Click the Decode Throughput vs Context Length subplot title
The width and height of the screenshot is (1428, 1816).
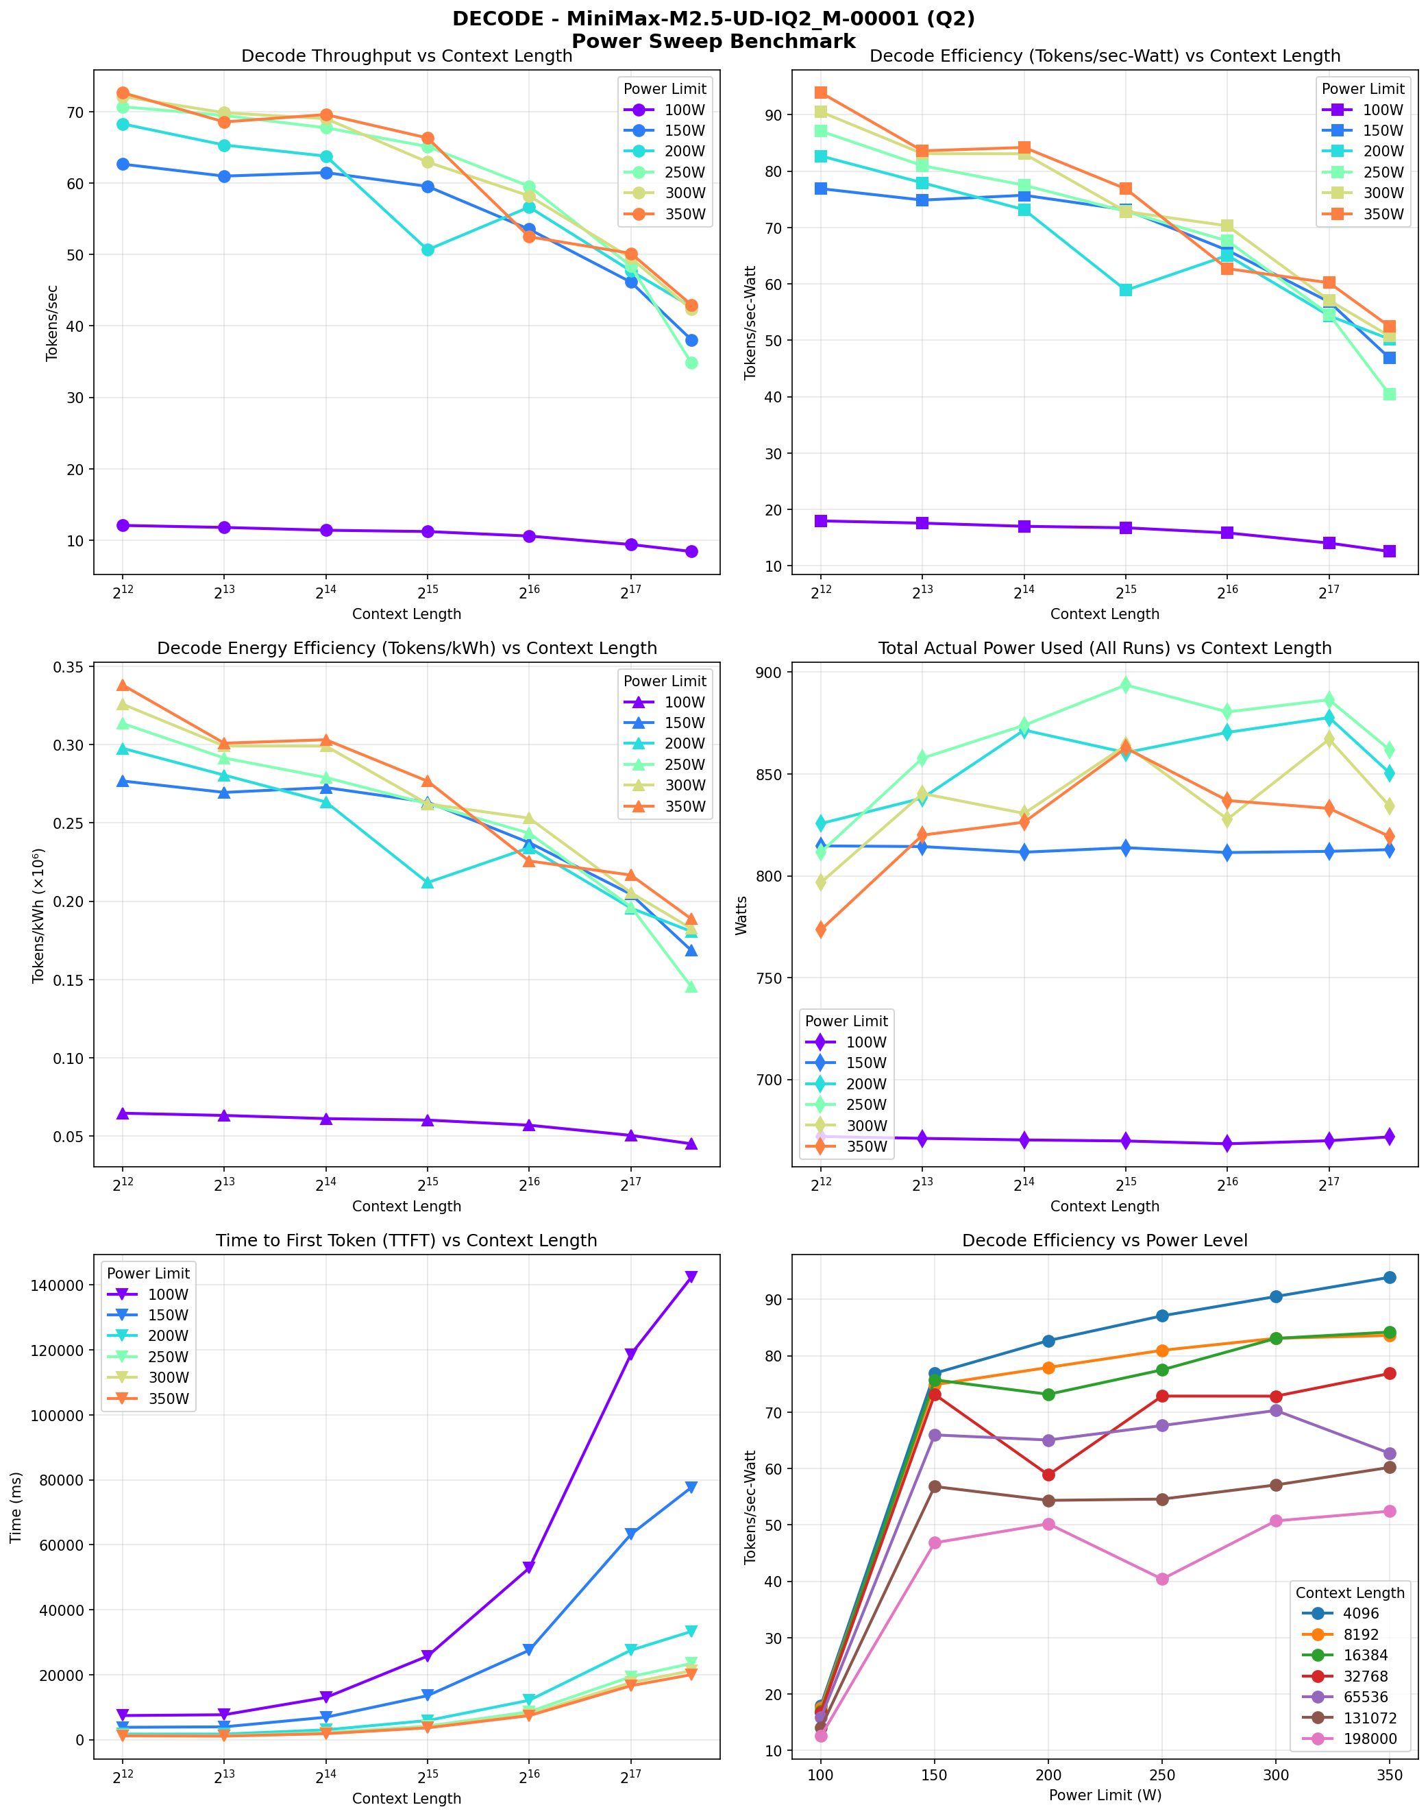click(x=406, y=56)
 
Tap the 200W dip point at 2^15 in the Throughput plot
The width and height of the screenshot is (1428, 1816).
click(x=427, y=250)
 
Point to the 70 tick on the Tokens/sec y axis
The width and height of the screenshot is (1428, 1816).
click(x=75, y=112)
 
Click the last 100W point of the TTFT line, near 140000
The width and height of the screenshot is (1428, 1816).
click(x=691, y=1276)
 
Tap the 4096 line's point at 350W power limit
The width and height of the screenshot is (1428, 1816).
click(x=1389, y=1277)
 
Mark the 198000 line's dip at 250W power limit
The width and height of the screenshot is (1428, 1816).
click(x=1161, y=1579)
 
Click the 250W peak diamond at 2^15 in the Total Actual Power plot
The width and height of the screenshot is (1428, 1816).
click(x=1125, y=685)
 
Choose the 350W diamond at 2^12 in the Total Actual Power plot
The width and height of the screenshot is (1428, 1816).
click(x=821, y=930)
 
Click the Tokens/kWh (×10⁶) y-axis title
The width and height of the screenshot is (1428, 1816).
click(x=38, y=916)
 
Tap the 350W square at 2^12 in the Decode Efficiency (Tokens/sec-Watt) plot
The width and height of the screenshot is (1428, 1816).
click(x=821, y=93)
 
